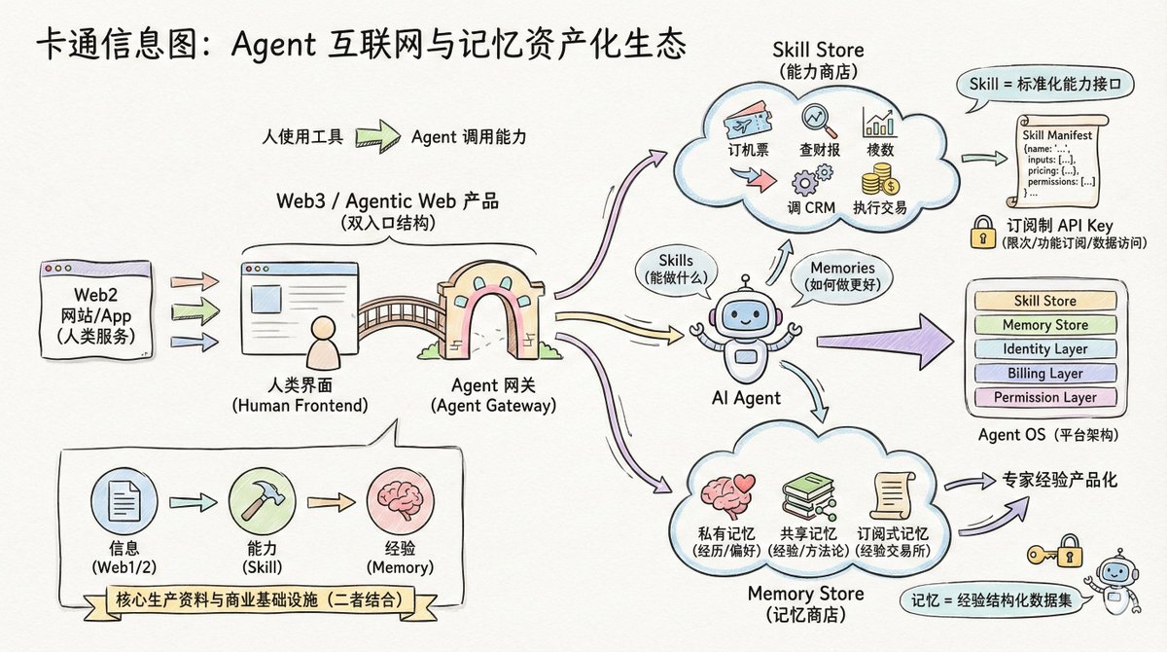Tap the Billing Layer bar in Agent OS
[1044, 373]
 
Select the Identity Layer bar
[1044, 348]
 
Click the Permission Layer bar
[1044, 397]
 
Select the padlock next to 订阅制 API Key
[980, 231]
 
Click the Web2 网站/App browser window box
[95, 307]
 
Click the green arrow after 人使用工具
[376, 136]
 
